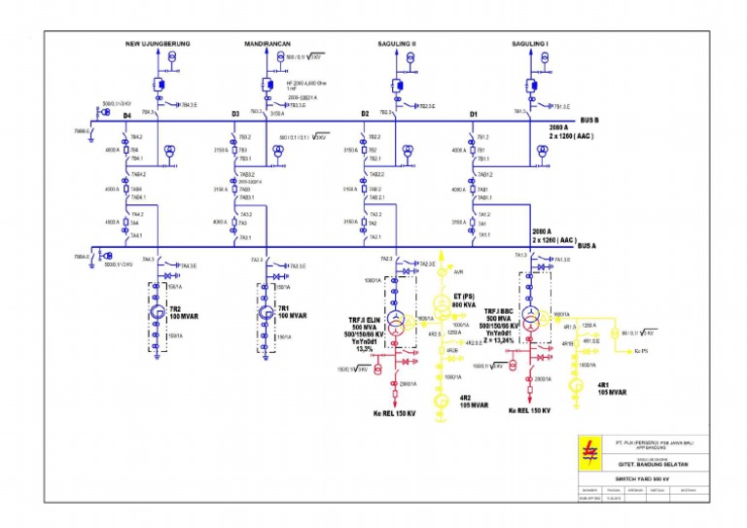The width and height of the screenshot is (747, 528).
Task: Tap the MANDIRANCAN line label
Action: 272,44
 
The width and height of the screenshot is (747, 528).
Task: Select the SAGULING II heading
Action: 397,44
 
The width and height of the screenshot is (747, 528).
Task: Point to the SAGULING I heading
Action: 531,44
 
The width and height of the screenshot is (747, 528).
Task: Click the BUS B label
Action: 589,120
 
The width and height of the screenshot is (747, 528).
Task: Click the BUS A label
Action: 587,246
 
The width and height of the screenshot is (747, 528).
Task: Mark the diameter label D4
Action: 126,115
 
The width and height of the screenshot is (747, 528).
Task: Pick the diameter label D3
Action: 235,115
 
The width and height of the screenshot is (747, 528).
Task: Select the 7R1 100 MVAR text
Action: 292,313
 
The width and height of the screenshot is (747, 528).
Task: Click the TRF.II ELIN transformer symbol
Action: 396,320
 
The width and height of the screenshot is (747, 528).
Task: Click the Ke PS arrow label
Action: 642,351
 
